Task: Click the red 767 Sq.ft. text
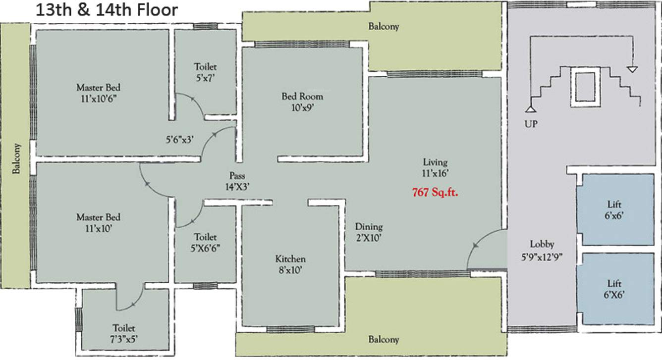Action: point(435,193)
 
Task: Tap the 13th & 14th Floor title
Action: point(106,10)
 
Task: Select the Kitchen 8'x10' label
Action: point(290,264)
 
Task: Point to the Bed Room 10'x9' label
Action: point(302,102)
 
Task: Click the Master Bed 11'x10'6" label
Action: point(98,93)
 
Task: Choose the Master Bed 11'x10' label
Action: point(98,222)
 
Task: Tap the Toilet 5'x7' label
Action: point(205,71)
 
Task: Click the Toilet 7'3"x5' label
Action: point(124,333)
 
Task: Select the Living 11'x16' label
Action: point(435,167)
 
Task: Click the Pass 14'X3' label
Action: point(237,181)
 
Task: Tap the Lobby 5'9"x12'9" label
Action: point(542,250)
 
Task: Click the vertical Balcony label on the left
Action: point(17,158)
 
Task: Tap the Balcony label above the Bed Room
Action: point(384,27)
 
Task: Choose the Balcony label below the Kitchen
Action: point(384,340)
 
